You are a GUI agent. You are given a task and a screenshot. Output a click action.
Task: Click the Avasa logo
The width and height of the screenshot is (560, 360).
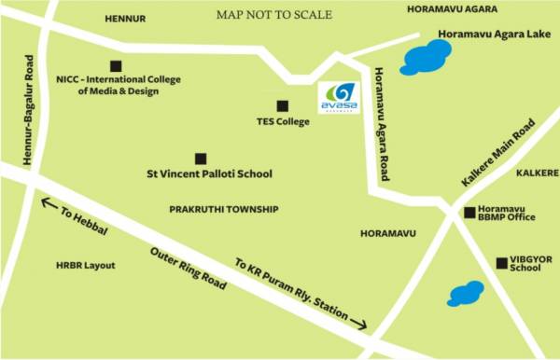(337, 97)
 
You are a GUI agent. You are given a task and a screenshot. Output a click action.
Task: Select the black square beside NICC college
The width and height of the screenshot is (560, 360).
(116, 65)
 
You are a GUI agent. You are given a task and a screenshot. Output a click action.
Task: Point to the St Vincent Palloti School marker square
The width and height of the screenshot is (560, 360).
(200, 159)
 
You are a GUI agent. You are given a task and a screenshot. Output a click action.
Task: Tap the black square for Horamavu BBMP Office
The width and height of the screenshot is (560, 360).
(469, 213)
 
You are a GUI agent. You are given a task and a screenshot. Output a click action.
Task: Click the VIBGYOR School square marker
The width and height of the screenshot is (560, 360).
(502, 262)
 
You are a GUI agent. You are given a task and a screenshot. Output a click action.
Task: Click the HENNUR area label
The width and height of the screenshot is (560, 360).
(126, 18)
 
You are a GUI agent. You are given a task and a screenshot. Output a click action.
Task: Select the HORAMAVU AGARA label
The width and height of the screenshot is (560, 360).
(449, 8)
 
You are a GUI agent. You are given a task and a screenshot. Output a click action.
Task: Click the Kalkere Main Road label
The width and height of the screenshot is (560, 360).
(497, 152)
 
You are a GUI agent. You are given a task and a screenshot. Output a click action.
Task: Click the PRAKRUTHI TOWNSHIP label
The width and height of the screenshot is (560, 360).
(224, 210)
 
